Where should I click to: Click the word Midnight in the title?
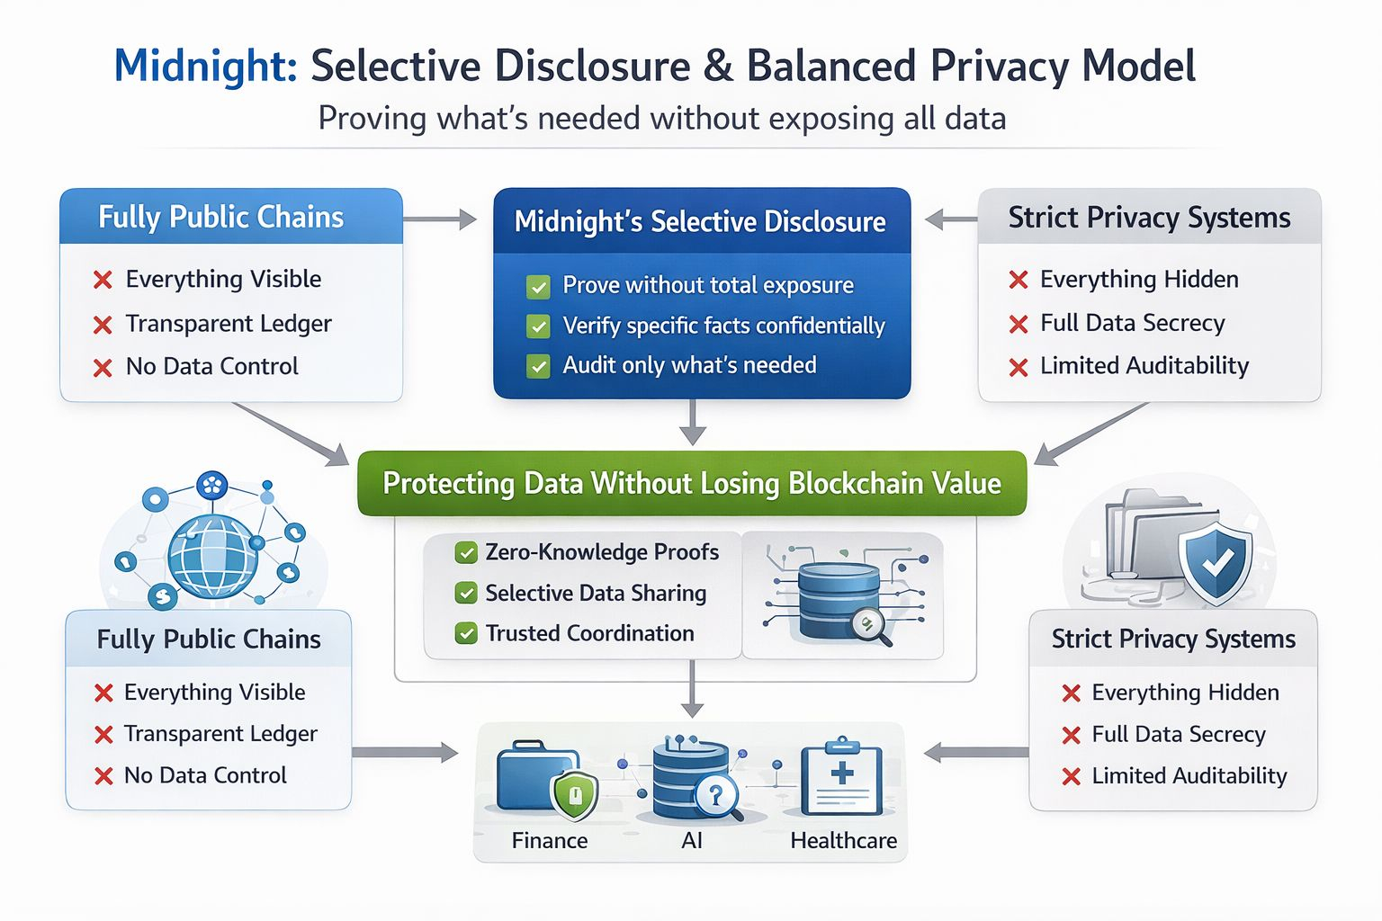coord(205,67)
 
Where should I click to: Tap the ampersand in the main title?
coord(718,67)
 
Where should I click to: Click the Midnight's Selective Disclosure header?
coord(700,221)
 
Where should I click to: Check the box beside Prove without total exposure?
coord(538,287)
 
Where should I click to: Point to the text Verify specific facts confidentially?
coord(723,326)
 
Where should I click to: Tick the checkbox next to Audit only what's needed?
coord(538,366)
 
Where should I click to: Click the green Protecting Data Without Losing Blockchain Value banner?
coord(691,483)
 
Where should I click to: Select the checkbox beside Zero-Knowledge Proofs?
coord(466,552)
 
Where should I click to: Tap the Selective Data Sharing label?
coord(596,593)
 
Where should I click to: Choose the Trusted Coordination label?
coord(589,633)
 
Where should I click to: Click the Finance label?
coord(549,840)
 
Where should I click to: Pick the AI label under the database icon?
coord(691,840)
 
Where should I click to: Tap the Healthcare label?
coord(843,840)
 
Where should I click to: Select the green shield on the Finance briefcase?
coord(574,795)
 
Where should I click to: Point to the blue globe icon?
coord(212,557)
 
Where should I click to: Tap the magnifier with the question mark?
coord(717,796)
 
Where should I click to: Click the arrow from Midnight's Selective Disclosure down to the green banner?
coord(692,423)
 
